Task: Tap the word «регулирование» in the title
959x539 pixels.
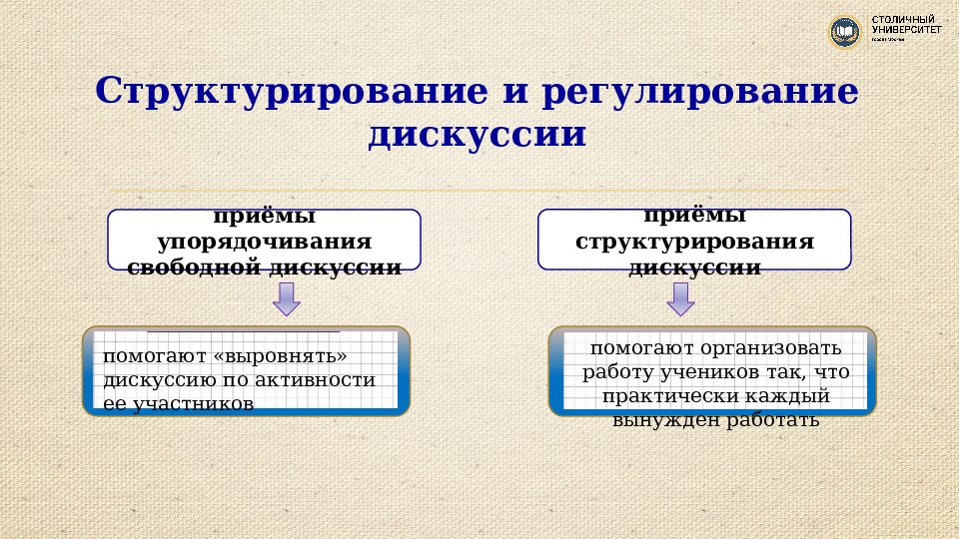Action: (700, 91)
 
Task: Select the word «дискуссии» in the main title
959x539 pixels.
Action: (477, 134)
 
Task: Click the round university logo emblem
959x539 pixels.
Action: (845, 32)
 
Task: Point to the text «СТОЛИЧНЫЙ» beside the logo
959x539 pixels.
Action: (904, 20)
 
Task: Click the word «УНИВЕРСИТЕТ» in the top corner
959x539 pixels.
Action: (906, 31)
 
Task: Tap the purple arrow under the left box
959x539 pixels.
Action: (286, 297)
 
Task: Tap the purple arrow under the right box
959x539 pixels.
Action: (681, 297)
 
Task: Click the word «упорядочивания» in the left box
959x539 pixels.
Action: (265, 243)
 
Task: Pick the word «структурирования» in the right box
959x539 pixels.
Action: (695, 243)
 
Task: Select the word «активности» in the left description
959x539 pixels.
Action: (326, 380)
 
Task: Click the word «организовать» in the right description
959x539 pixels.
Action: (780, 348)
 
